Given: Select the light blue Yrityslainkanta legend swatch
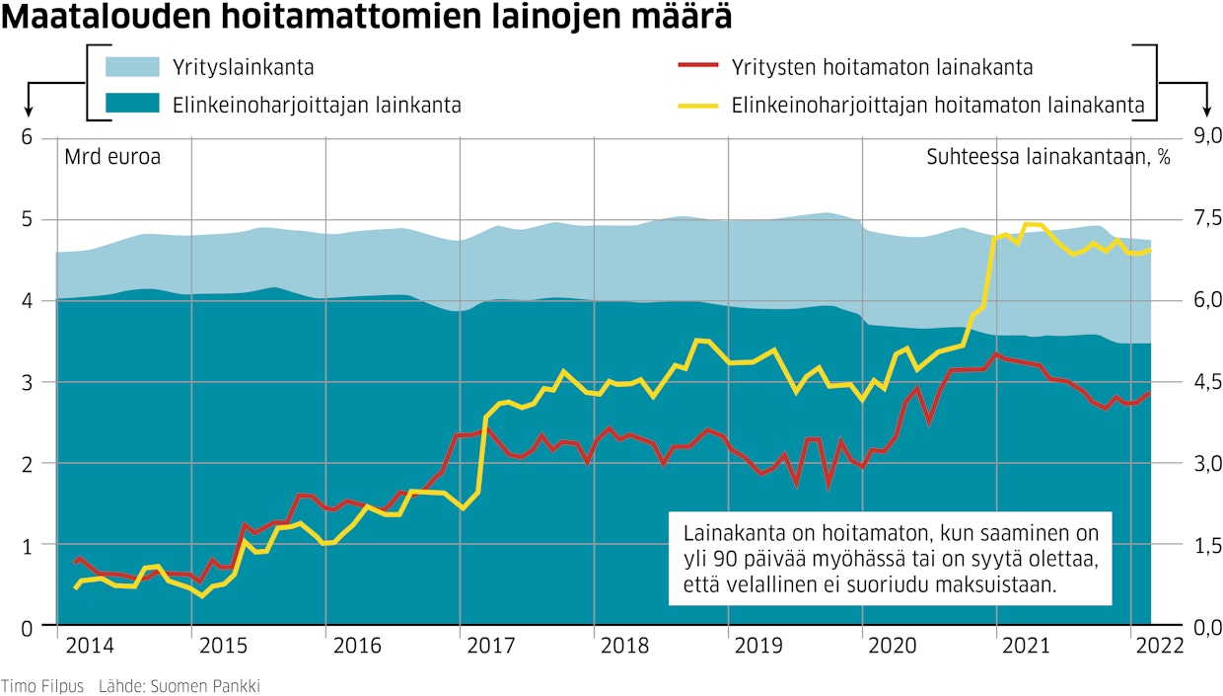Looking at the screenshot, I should coord(132,67).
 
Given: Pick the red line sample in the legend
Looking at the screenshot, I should coord(698,67).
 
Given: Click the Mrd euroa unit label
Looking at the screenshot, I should coord(111,157).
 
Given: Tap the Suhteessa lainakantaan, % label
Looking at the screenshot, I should coord(1047,157).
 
